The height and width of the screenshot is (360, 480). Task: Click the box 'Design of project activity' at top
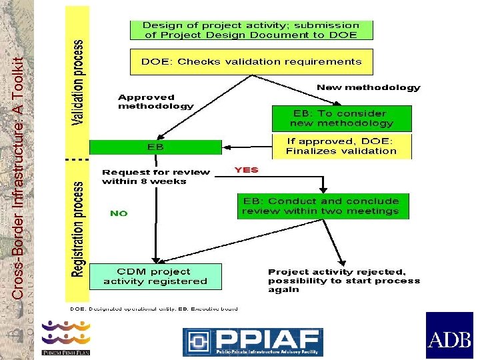click(251, 30)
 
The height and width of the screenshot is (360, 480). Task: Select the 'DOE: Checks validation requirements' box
click(251, 61)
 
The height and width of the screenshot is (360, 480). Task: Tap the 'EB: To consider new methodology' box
click(342, 119)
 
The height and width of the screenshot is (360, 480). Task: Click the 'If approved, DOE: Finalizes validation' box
click(342, 146)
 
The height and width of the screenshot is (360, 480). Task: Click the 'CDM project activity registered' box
click(155, 276)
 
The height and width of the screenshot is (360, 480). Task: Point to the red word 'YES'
click(246, 170)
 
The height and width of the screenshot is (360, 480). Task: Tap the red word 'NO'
click(119, 213)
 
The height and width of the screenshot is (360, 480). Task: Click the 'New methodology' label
click(368, 87)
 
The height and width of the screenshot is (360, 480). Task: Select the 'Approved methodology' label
click(155, 101)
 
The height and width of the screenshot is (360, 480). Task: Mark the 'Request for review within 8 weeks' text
click(155, 177)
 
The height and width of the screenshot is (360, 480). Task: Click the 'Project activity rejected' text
click(343, 281)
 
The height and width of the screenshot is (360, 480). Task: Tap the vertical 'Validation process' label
click(78, 83)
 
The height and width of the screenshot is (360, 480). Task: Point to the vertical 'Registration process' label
click(78, 230)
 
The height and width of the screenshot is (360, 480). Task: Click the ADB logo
click(449, 336)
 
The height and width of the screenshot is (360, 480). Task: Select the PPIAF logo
click(253, 341)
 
